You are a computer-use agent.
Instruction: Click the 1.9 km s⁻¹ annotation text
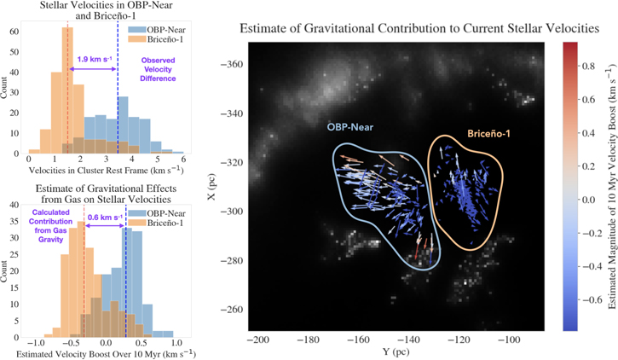coord(95,60)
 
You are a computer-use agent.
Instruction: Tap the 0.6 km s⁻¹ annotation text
coord(105,218)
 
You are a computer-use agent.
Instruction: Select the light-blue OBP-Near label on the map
coord(350,127)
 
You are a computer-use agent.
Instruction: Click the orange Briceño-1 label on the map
coord(488,134)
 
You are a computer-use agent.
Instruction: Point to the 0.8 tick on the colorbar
coord(588,66)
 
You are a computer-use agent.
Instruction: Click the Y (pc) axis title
coord(396,351)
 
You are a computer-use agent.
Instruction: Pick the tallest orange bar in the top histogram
coord(67,90)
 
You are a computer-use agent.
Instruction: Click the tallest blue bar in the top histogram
coord(123,125)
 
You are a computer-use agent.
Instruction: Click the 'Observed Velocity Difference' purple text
coord(158,69)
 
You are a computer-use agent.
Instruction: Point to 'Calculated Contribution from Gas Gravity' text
coord(50,226)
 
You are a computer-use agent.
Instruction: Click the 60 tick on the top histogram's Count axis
coord(14,32)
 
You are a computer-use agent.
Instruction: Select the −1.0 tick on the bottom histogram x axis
coord(36,343)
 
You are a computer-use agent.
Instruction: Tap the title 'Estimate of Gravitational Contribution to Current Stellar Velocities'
coord(419,28)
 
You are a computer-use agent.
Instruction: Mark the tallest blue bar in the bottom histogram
coord(129,282)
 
